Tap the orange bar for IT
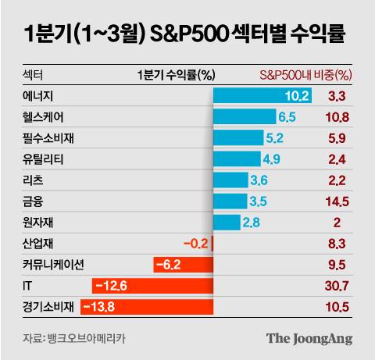pos(152,286)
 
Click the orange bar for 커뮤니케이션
pos(183,265)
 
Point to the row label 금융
pos(34,201)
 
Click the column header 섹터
pos(34,75)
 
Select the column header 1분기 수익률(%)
pos(175,75)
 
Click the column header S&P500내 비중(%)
pos(305,75)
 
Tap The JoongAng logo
pos(309,339)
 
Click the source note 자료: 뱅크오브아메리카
pos(74,339)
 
